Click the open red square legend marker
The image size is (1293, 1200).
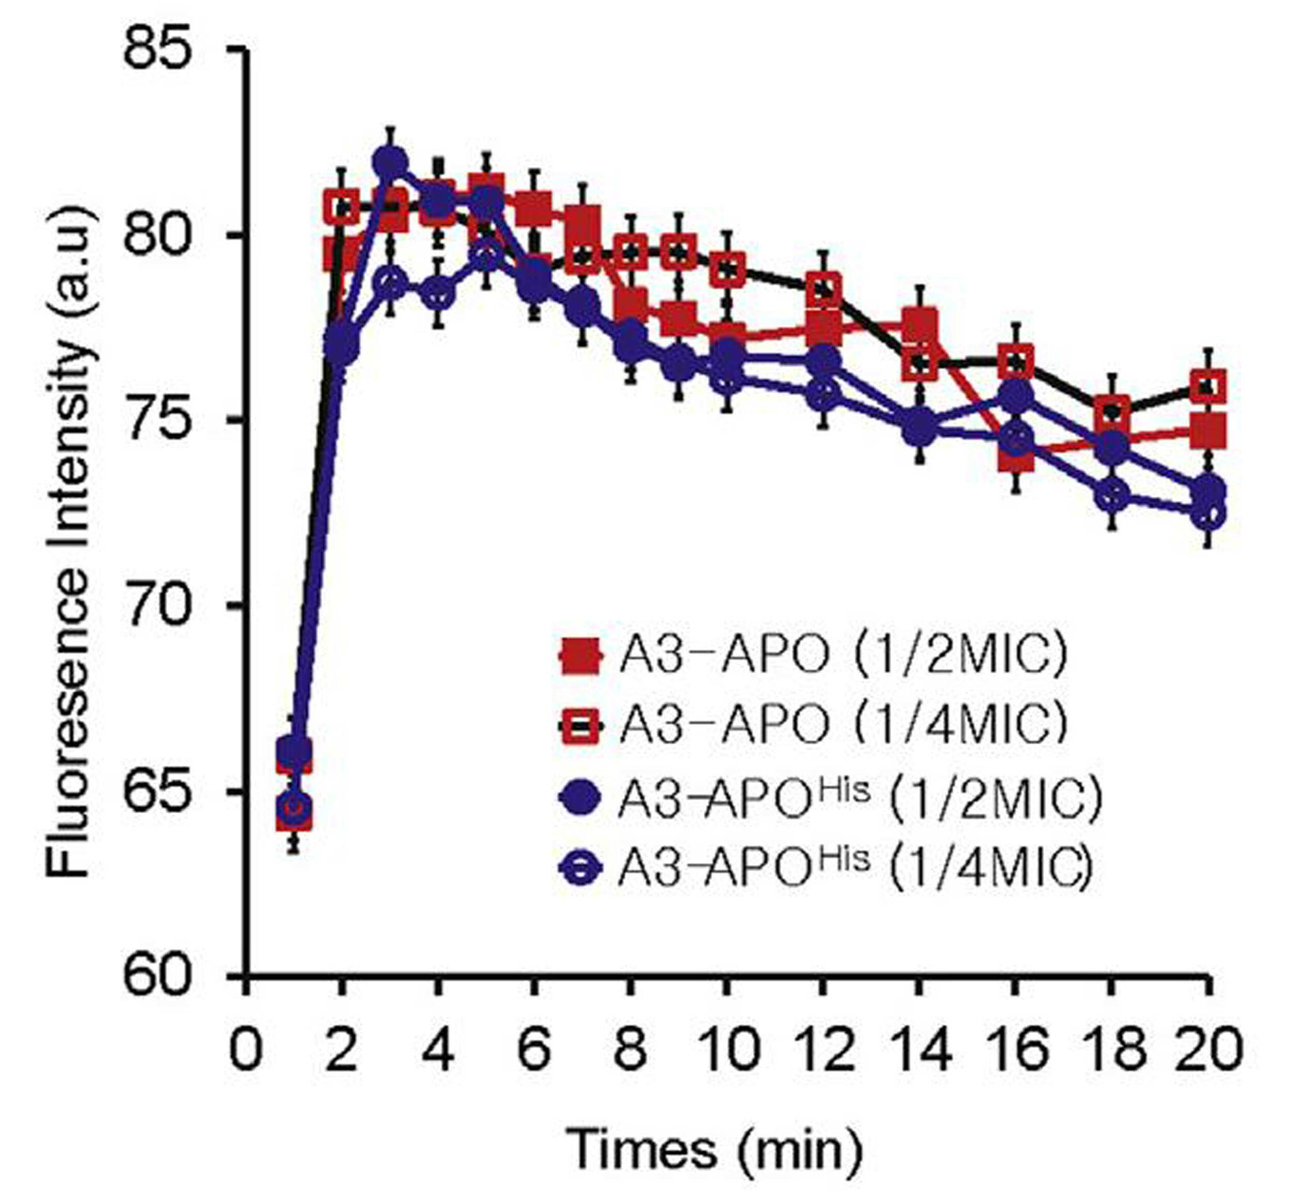click(x=580, y=725)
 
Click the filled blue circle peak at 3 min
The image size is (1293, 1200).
click(x=389, y=160)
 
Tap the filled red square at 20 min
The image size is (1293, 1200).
click(x=1208, y=431)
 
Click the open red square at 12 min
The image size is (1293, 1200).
click(x=823, y=290)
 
